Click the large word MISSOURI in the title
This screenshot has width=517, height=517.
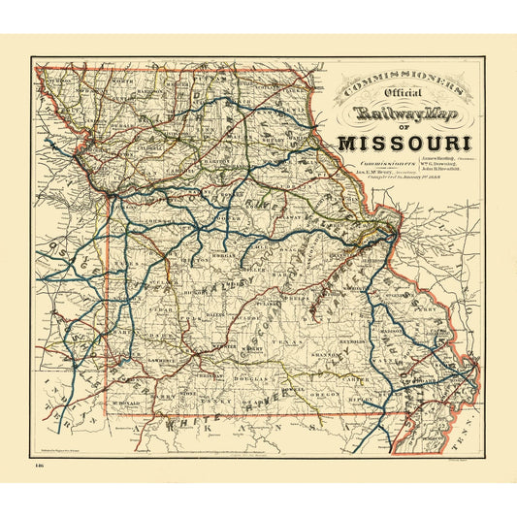point(406,144)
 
